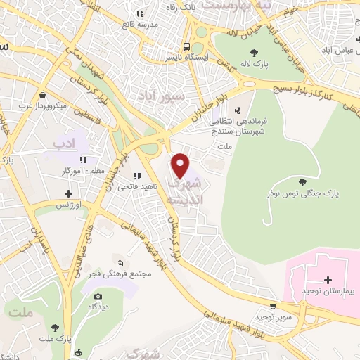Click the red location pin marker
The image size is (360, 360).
pos(181,165)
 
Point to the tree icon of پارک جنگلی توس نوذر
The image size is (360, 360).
pos(302,181)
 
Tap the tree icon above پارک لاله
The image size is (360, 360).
pos(253,52)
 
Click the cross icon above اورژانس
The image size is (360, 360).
pos(69,193)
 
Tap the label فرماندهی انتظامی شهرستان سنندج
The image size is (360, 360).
pos(240,126)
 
